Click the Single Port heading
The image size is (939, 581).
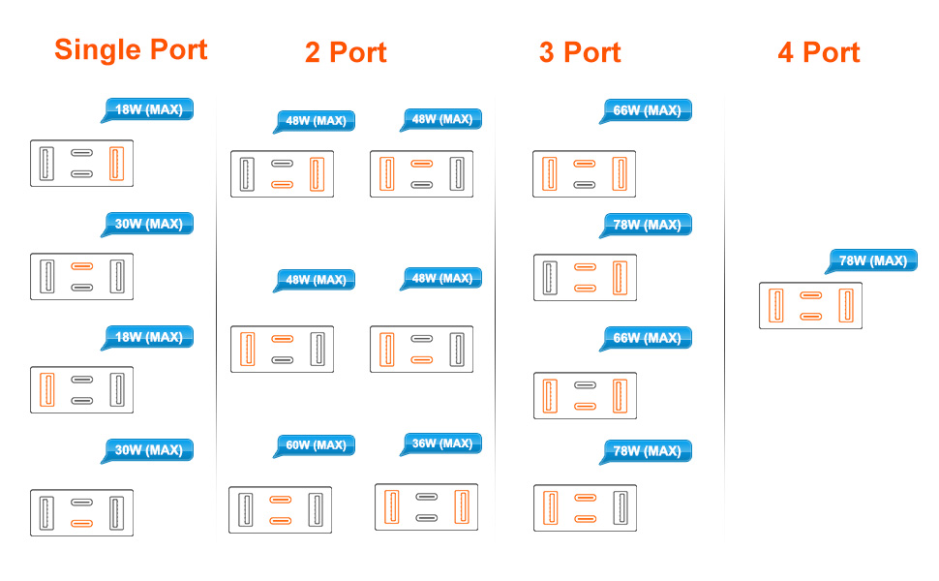point(131,49)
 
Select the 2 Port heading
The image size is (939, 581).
point(346,52)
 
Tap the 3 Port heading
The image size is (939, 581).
point(579,52)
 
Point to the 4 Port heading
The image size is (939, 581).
point(818,52)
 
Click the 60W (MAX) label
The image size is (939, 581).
point(316,445)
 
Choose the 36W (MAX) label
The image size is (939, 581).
point(441,443)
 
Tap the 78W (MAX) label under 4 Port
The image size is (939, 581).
point(872,260)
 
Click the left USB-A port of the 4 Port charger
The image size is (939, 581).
point(775,306)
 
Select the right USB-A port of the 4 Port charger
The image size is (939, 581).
point(845,306)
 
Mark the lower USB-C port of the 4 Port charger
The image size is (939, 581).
point(810,317)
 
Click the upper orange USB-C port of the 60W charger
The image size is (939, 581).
point(281,500)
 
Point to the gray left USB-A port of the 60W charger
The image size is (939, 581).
point(246,509)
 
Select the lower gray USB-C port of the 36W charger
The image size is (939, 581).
point(427,518)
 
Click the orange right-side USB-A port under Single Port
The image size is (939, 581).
point(117,163)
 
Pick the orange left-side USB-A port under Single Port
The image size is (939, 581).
point(46,389)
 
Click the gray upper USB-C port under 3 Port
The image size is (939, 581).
point(584,384)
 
